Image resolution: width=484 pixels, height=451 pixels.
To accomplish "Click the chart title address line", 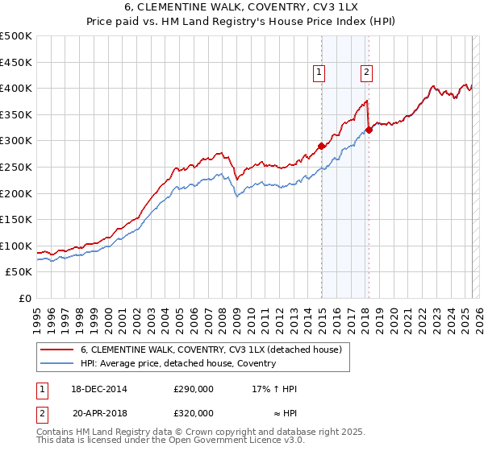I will tap(241, 8).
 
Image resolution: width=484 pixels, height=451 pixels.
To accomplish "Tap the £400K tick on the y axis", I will tap(16, 88).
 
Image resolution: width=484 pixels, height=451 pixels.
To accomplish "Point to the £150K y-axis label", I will tap(16, 219).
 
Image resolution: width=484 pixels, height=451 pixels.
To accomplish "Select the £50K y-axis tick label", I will tap(19, 272).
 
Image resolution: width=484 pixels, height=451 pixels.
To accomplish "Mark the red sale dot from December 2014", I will tap(321, 146).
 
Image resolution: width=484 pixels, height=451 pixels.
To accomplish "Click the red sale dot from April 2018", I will tap(369, 129).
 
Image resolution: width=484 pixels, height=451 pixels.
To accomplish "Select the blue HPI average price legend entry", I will tap(177, 363).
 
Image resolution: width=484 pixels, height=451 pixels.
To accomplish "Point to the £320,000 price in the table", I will tap(194, 412).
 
